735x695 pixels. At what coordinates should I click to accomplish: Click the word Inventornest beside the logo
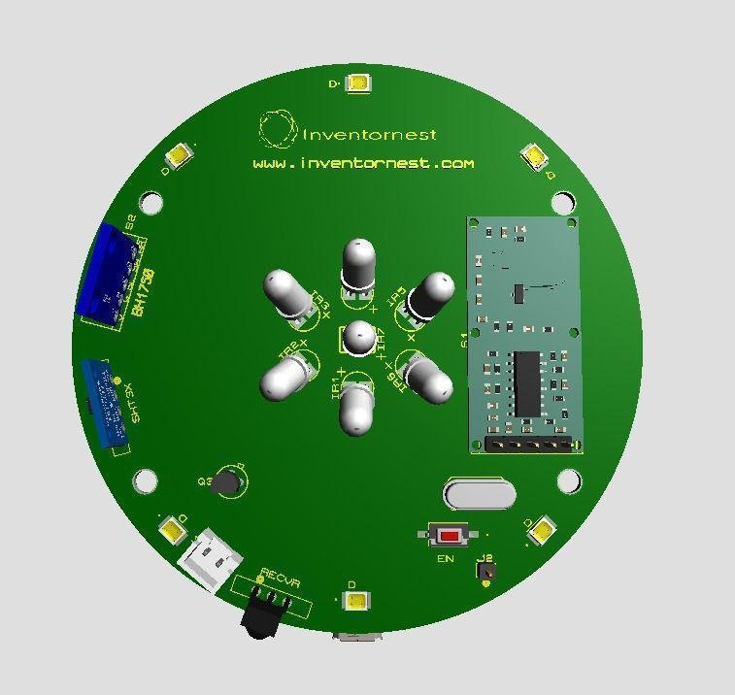point(370,135)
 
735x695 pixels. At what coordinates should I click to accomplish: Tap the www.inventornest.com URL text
point(363,164)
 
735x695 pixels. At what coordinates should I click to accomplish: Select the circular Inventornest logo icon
point(276,128)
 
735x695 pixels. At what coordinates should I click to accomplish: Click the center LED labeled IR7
point(359,338)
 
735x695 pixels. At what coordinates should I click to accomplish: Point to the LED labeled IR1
point(356,406)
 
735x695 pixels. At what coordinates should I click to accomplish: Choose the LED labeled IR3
point(288,292)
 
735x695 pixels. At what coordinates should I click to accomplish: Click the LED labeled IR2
point(286,374)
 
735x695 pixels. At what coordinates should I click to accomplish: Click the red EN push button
point(449,535)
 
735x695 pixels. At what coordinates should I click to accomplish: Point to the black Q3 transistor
point(226,481)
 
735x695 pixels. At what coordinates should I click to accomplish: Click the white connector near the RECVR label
point(209,561)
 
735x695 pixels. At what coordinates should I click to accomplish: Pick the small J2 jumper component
point(485,573)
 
